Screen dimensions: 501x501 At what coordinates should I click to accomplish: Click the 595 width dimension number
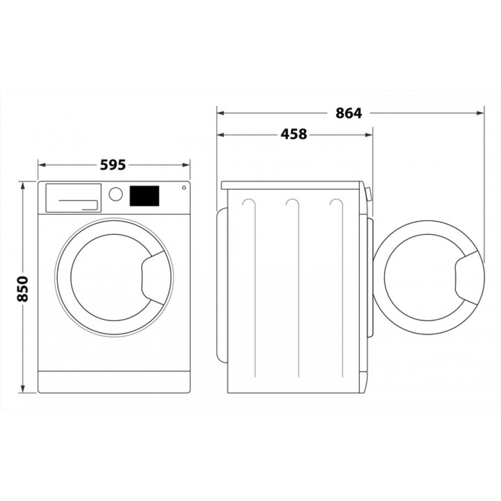click(114, 165)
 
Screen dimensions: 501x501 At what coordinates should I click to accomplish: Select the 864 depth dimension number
click(348, 113)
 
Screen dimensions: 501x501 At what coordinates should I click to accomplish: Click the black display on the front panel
click(145, 195)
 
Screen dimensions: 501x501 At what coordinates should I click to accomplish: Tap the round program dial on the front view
click(116, 194)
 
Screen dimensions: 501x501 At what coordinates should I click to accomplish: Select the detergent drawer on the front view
click(74, 197)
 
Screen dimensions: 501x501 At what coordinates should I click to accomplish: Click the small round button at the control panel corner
click(184, 188)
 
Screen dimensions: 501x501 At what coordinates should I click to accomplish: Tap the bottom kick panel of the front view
click(114, 382)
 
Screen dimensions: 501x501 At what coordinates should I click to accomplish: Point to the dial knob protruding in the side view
click(369, 194)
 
